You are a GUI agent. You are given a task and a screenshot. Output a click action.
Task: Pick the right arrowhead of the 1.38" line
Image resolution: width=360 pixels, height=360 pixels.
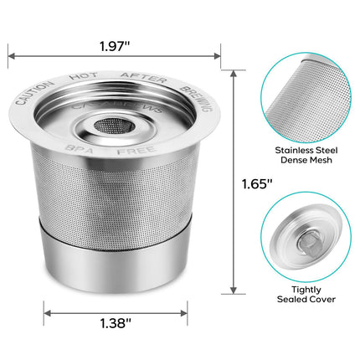183,313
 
